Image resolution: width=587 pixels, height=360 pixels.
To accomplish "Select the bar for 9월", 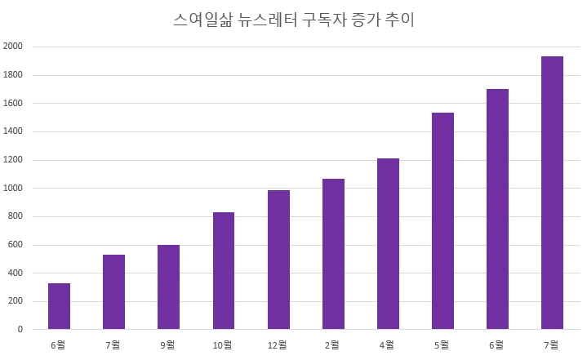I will [x=168, y=287].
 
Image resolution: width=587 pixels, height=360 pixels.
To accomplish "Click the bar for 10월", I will [x=224, y=271].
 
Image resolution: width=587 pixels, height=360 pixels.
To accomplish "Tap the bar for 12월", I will [x=278, y=260].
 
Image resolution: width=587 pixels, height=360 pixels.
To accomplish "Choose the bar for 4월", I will [x=388, y=244].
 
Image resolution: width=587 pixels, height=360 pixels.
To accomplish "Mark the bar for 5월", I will [x=442, y=221].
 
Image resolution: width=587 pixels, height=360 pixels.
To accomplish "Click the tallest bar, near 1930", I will [x=552, y=193].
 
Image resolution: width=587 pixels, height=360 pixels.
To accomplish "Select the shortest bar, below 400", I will [x=59, y=306].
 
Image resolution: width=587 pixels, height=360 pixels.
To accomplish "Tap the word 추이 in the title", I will [x=400, y=20].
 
